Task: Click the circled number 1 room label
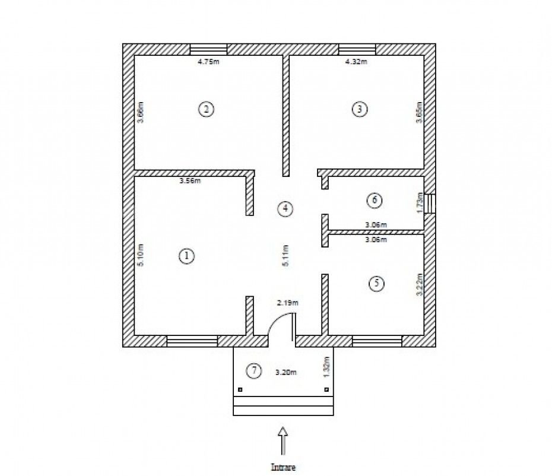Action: pyautogui.click(x=186, y=256)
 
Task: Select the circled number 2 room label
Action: pyautogui.click(x=207, y=109)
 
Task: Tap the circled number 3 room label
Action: pyautogui.click(x=360, y=109)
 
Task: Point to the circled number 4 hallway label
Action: pyautogui.click(x=285, y=209)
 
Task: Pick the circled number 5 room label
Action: pyautogui.click(x=377, y=284)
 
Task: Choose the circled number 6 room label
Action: pyautogui.click(x=375, y=201)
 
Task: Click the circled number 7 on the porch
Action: pyautogui.click(x=254, y=371)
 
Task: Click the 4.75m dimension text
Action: pyautogui.click(x=208, y=62)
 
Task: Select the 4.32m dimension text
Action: pyautogui.click(x=356, y=62)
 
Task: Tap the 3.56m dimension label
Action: pyautogui.click(x=190, y=181)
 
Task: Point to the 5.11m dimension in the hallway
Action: pyautogui.click(x=285, y=256)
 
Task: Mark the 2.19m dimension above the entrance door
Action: pyautogui.click(x=288, y=303)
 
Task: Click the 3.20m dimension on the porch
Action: pyautogui.click(x=285, y=372)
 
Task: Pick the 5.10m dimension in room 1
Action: pyautogui.click(x=140, y=255)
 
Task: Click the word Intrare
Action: pyautogui.click(x=283, y=467)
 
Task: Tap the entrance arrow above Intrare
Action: pyautogui.click(x=283, y=441)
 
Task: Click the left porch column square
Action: pyautogui.click(x=240, y=389)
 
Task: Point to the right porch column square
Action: pyautogui.click(x=326, y=389)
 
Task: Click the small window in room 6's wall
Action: pyautogui.click(x=430, y=204)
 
